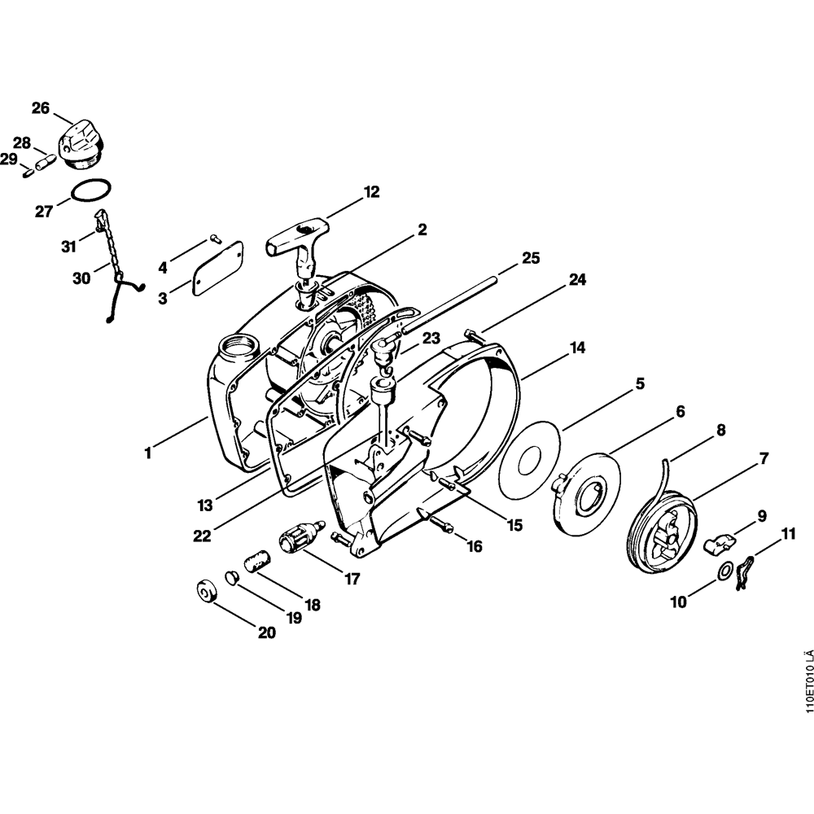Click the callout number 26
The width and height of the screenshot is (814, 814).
(41, 108)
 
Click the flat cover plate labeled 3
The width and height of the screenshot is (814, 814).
(219, 265)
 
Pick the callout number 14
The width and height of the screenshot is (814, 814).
(577, 348)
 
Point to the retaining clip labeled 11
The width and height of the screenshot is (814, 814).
(742, 574)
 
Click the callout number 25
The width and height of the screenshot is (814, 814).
(531, 259)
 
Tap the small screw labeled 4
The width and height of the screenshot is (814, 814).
(215, 239)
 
